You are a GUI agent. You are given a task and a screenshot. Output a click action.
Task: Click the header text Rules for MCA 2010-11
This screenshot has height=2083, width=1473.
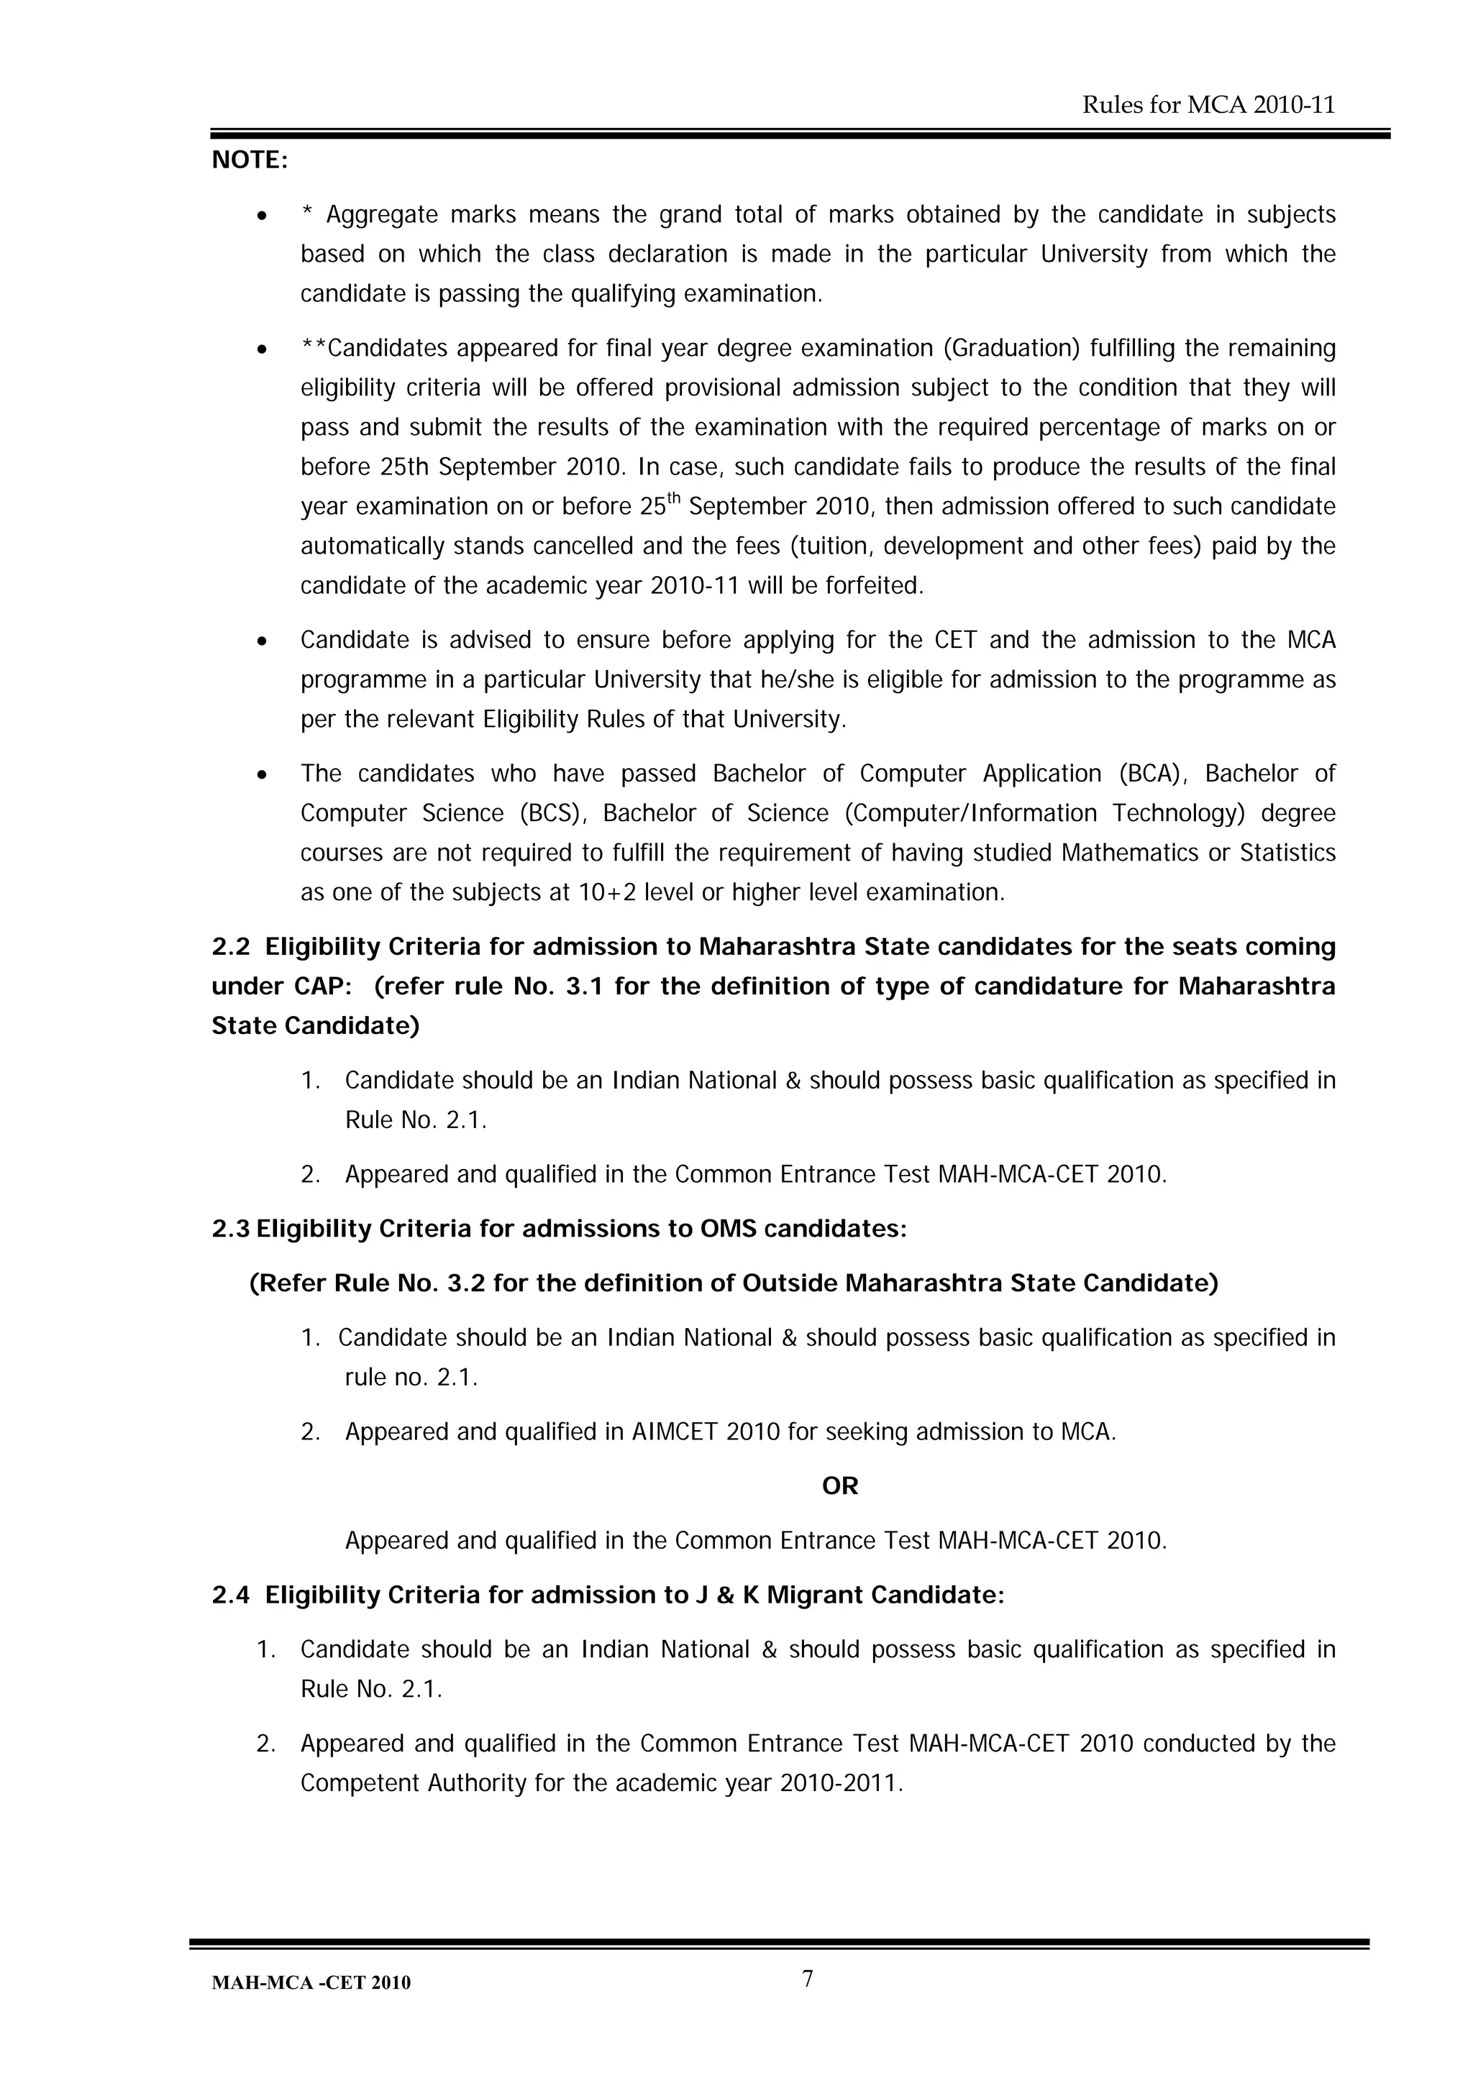[1208, 105]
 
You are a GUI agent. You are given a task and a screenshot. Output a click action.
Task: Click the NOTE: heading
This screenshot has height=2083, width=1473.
[250, 160]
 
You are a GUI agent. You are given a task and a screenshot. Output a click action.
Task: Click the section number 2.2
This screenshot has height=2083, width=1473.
[231, 947]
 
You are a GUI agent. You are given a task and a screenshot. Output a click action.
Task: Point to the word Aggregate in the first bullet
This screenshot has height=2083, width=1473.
[381, 215]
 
